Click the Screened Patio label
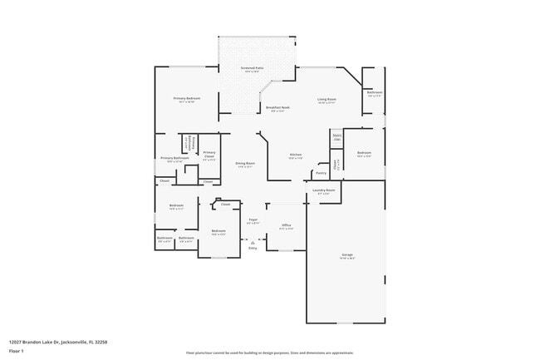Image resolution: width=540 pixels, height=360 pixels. (253, 68)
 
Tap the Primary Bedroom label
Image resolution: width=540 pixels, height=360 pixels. (186, 99)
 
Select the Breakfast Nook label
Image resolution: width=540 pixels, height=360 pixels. (277, 108)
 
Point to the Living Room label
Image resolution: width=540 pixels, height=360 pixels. (326, 100)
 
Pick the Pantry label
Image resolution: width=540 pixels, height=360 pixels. (321, 174)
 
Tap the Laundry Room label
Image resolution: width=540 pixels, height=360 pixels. (324, 190)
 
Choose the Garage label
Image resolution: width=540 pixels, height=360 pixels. (346, 254)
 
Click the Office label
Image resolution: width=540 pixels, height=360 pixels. (286, 225)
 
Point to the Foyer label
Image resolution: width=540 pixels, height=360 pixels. (253, 219)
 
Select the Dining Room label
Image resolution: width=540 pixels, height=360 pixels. (245, 164)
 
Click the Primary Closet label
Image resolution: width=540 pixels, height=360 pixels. (209, 155)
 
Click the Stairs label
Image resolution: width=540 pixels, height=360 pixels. (336, 135)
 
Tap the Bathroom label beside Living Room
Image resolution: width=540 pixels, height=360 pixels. (375, 92)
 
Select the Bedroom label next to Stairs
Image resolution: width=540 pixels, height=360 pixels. (364, 153)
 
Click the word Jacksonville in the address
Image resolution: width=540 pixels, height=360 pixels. (73, 342)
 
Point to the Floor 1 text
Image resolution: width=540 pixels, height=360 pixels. (16, 352)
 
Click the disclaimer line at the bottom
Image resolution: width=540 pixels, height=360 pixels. (270, 353)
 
